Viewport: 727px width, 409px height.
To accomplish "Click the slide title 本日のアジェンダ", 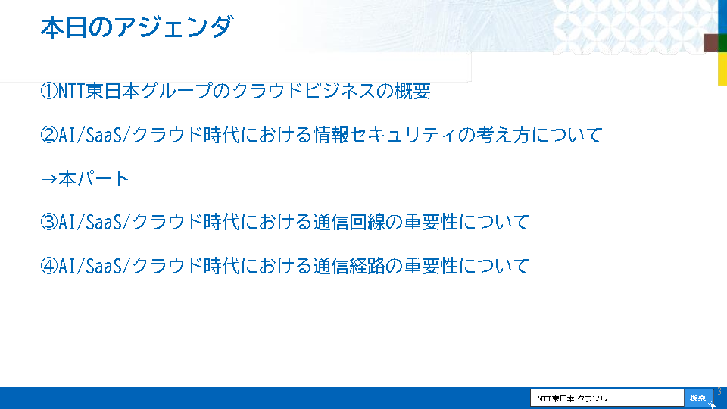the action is [136, 27].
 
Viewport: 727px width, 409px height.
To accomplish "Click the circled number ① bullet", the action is [48, 91].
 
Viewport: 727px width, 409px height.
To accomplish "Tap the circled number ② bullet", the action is [48, 135].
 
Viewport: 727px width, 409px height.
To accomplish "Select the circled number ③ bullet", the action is [48, 222].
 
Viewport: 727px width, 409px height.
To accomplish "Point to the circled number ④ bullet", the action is [48, 266].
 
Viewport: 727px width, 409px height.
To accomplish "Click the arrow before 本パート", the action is [48, 179].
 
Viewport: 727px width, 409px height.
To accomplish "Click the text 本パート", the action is [94, 179].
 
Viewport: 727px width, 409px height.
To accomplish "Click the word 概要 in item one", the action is [412, 91].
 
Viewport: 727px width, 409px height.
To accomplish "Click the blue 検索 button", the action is [698, 398].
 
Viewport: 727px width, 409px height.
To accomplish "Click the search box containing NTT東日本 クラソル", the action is [607, 398].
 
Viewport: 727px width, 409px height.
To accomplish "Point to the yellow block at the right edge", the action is [722, 69].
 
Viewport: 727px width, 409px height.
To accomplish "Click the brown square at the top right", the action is [711, 42].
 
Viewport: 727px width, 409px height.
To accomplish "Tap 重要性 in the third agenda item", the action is [431, 222].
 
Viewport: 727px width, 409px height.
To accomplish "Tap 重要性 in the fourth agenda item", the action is [431, 266].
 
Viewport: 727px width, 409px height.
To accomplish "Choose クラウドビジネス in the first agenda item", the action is [303, 91].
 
